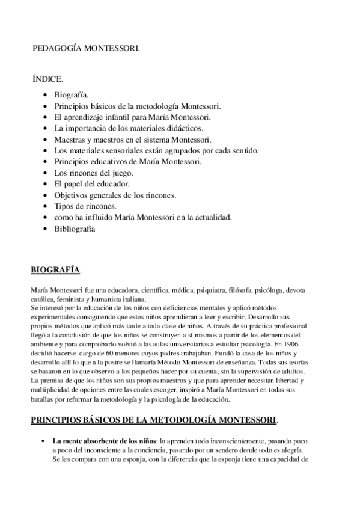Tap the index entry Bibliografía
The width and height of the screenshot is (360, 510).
pos(75,229)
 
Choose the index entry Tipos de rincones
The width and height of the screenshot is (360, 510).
pos(82,206)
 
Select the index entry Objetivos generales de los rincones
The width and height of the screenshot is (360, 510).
pos(115,195)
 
